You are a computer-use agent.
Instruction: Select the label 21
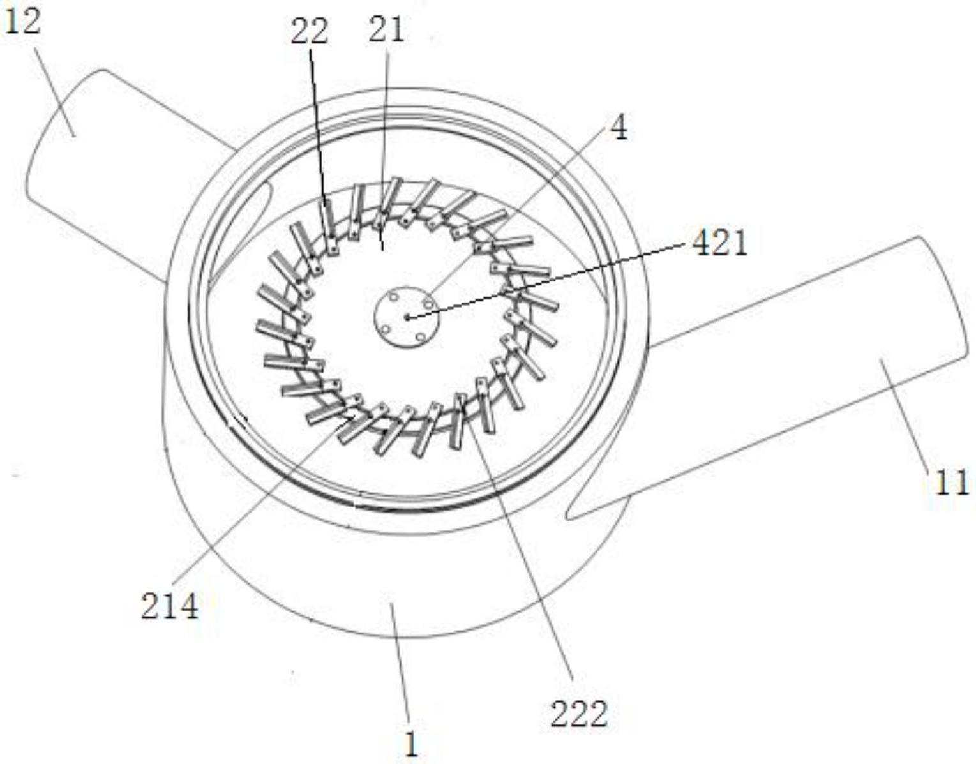tap(386, 30)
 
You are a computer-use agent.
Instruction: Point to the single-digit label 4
tap(619, 128)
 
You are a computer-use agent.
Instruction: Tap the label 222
tap(579, 714)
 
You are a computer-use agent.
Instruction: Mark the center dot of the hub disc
tap(407, 318)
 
